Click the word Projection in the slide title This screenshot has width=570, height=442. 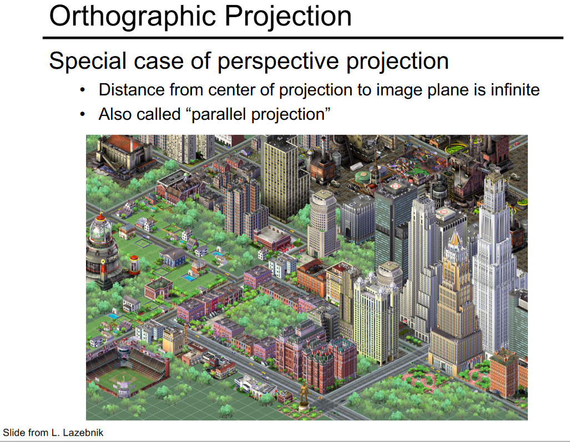288,17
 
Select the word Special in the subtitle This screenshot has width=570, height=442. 88,61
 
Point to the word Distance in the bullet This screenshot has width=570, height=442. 132,90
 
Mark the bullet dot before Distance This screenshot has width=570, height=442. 83,89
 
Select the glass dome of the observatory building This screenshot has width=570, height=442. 100,229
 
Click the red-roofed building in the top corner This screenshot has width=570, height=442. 124,152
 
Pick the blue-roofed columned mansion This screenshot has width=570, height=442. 173,257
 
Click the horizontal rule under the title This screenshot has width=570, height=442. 303,37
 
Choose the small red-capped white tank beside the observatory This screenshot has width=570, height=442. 134,264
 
